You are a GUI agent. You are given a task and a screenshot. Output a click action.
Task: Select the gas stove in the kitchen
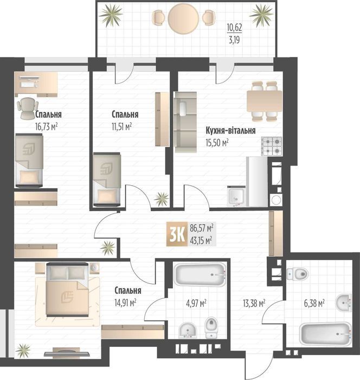click(272, 145)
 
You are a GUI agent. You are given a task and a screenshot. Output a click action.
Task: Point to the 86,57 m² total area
click(201, 228)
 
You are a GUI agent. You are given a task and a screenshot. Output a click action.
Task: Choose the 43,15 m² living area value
click(201, 239)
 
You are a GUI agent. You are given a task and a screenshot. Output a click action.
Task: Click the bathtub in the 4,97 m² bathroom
click(200, 276)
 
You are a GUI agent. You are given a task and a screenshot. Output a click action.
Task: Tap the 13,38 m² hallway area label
click(254, 303)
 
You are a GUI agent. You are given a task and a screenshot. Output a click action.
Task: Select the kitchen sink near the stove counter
click(236, 195)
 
